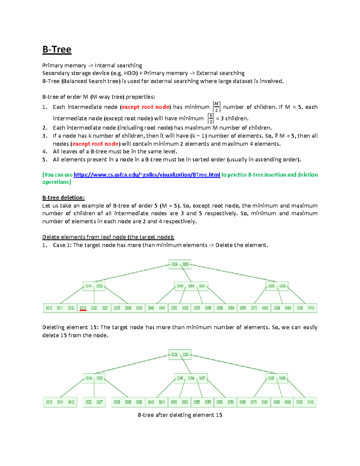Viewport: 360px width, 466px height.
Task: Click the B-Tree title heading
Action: point(57,50)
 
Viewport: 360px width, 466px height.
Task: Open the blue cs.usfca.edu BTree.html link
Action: point(147,175)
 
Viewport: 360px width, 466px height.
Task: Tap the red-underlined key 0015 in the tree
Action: point(83,308)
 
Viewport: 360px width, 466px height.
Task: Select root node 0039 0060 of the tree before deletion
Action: point(180,264)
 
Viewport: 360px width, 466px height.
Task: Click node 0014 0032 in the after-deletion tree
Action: point(94,378)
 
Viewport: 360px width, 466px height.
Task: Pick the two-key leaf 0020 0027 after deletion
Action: point(94,402)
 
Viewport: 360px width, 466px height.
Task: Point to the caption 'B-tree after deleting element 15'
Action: point(180,415)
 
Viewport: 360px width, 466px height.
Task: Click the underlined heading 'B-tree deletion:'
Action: point(63,198)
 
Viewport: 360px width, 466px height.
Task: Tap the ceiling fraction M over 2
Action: point(216,107)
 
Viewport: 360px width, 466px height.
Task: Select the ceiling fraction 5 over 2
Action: point(211,119)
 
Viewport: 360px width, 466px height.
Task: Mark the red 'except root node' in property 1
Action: point(145,107)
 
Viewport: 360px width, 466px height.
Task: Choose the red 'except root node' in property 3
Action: point(95,144)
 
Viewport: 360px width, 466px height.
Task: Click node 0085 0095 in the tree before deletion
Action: point(277,286)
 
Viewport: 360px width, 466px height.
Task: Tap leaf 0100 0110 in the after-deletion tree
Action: point(305,402)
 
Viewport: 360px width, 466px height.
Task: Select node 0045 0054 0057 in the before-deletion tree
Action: point(191,286)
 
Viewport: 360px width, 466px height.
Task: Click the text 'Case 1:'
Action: point(62,245)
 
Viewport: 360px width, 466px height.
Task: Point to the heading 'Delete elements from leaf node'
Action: point(108,237)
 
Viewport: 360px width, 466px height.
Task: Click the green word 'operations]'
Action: point(56,182)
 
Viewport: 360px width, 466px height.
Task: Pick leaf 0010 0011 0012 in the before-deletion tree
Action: point(60,308)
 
